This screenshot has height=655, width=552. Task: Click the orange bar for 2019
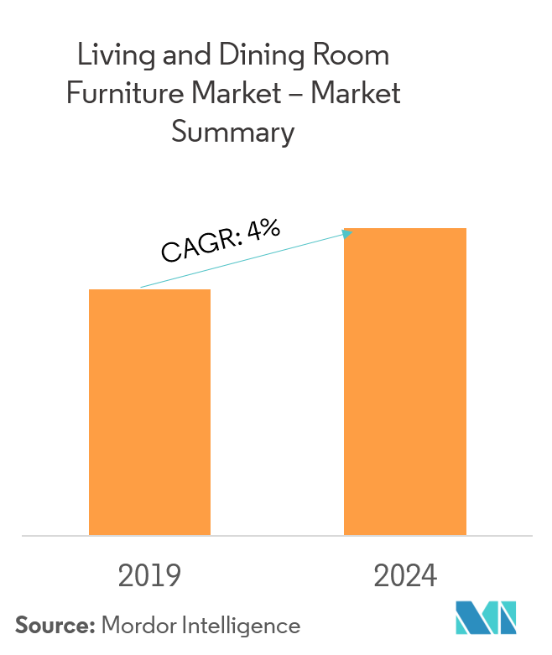[149, 412]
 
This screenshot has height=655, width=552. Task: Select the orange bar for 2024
[405, 381]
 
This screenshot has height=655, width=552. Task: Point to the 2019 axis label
[149, 576]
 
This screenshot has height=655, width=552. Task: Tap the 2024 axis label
[405, 576]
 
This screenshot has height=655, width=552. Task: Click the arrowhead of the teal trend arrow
[347, 233]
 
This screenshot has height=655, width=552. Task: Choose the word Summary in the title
[232, 132]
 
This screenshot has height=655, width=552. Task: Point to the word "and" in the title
[180, 56]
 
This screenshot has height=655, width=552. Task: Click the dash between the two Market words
[295, 94]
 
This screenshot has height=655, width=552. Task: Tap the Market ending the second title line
[356, 93]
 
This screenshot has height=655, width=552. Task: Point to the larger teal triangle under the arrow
[222, 268]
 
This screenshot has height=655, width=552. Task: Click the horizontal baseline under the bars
[277, 535]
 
